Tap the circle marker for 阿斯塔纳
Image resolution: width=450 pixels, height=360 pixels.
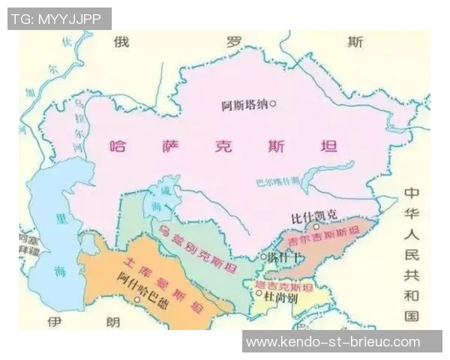[x=274, y=104]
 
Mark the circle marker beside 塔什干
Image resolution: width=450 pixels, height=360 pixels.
[x=262, y=257]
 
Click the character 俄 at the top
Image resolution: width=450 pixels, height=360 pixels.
[x=121, y=42]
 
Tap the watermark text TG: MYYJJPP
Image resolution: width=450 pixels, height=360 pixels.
[x=59, y=19]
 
